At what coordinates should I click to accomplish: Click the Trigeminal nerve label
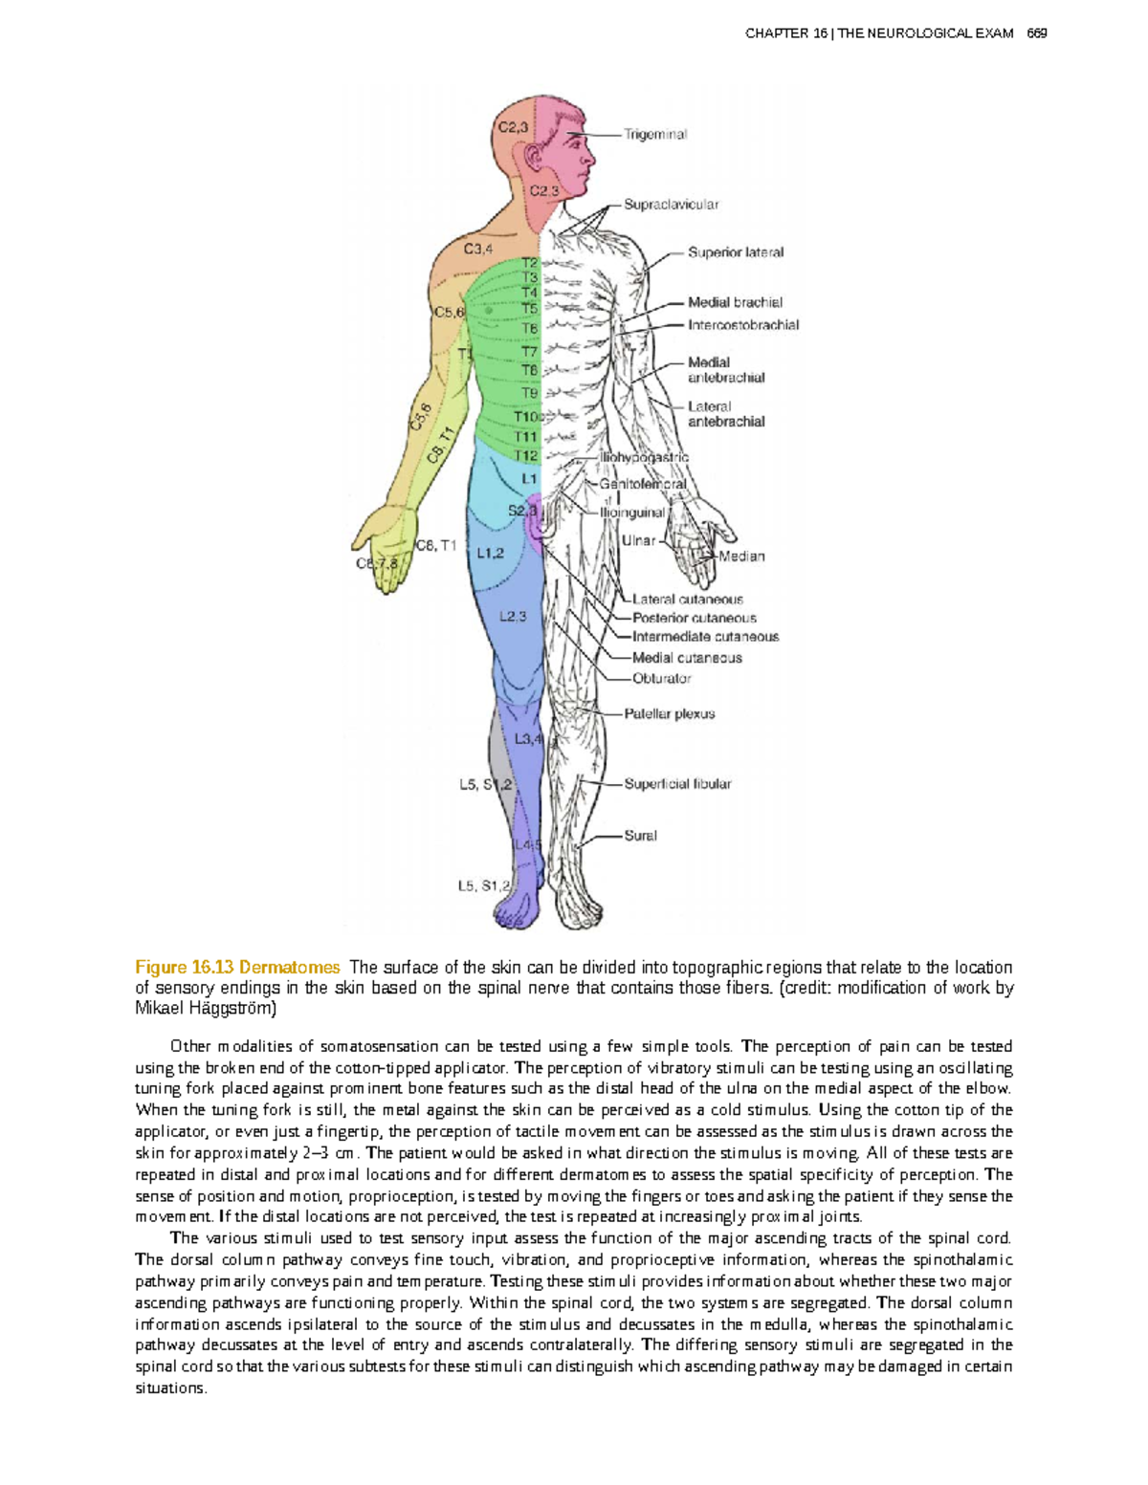655,135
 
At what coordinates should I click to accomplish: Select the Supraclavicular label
671,205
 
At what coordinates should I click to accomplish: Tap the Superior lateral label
735,252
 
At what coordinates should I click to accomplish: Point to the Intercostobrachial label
743,325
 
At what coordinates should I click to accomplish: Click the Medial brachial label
735,302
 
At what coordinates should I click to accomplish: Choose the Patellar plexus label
669,714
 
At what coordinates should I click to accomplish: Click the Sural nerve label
640,836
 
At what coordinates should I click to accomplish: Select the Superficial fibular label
677,784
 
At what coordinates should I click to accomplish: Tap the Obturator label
661,679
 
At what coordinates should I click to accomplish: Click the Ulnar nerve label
638,540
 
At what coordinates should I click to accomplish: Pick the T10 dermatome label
526,417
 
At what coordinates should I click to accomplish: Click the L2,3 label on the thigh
513,617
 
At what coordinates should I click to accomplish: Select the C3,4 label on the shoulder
478,250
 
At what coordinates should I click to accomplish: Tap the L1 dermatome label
529,478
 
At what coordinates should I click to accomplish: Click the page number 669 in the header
1036,33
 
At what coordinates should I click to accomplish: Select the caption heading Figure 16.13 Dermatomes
237,968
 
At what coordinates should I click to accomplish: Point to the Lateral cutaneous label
687,600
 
